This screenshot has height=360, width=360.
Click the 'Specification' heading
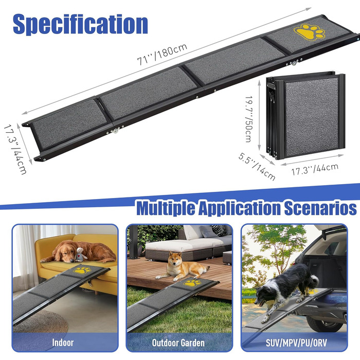click(80, 24)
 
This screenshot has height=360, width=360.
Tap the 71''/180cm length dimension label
click(162, 54)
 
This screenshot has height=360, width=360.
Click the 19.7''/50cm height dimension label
click(248, 119)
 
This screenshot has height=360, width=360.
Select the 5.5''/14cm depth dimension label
click(257, 167)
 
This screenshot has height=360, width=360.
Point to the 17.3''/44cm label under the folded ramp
click(315, 169)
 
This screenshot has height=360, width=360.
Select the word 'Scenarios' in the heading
click(320, 207)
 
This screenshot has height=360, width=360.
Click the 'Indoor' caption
click(63, 343)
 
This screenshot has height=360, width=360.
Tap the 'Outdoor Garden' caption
click(178, 343)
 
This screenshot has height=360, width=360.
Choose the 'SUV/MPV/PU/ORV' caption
click(296, 343)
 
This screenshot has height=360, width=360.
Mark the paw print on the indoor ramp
click(82, 270)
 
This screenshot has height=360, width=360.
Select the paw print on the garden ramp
click(192, 283)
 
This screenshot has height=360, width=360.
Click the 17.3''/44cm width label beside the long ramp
click(15, 149)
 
